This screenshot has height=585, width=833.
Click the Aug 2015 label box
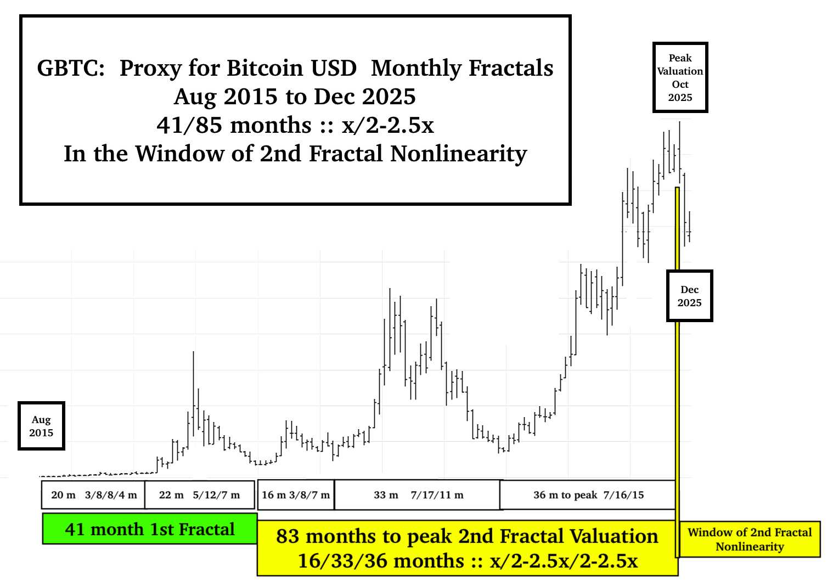pyautogui.click(x=41, y=426)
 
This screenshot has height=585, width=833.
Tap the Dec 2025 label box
pyautogui.click(x=689, y=296)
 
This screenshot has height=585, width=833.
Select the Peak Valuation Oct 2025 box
pyautogui.click(x=680, y=77)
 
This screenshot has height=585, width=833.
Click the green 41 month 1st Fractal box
pyautogui.click(x=149, y=529)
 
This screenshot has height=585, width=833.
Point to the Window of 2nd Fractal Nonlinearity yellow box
pyautogui.click(x=750, y=539)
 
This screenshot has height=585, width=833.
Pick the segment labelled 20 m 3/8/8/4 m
pyautogui.click(x=93, y=495)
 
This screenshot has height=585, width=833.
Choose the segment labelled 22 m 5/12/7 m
pyautogui.click(x=200, y=495)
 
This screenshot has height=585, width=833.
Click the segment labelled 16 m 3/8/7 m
pyautogui.click(x=296, y=495)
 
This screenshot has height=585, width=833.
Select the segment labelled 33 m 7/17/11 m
pyautogui.click(x=418, y=495)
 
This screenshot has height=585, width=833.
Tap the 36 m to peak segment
pyautogui.click(x=588, y=495)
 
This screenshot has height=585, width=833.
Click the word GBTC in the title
pyautogui.click(x=70, y=68)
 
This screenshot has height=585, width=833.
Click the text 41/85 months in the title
pyautogui.click(x=234, y=125)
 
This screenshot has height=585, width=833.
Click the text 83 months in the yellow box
pyautogui.click(x=325, y=536)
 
